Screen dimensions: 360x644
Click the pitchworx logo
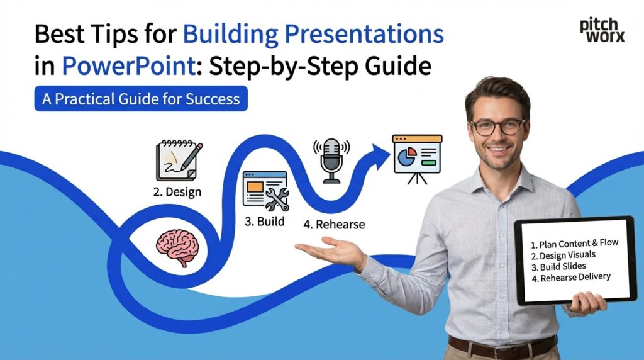[x=602, y=30]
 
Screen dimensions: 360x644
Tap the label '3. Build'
[x=264, y=222]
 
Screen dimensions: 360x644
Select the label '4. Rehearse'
[x=334, y=224]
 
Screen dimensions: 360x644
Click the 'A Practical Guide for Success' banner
[x=141, y=99]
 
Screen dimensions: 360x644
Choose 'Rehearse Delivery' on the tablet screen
[x=575, y=277]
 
